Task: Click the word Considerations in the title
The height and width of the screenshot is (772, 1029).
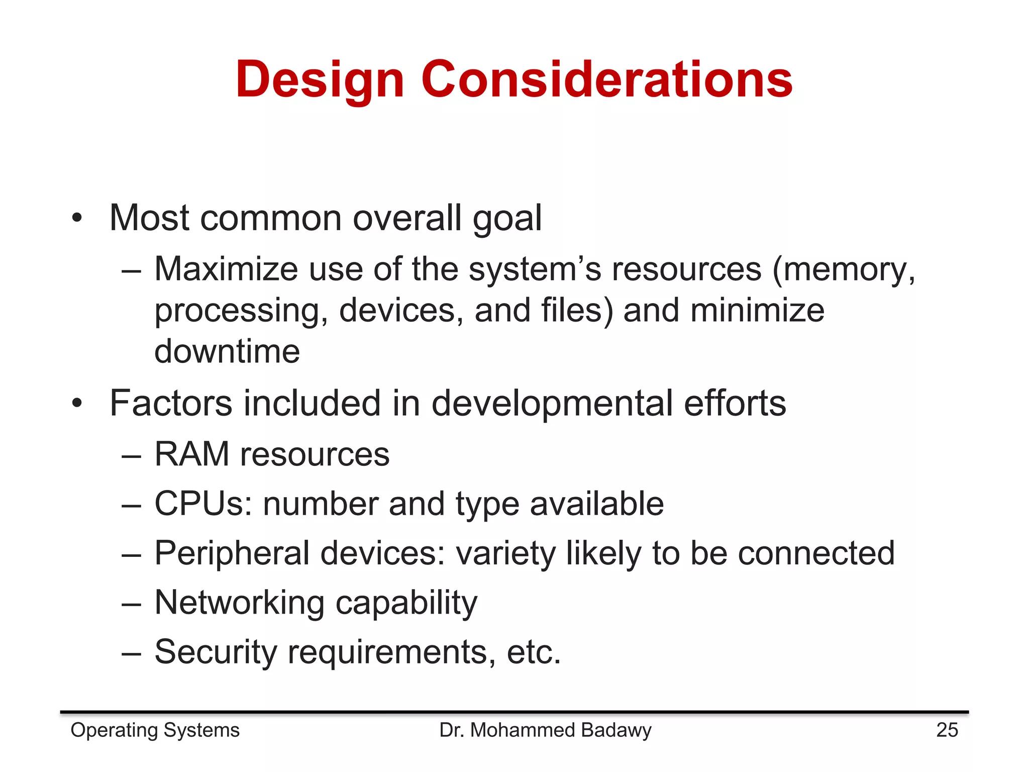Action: tap(606, 79)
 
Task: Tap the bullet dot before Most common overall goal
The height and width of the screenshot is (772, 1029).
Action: tap(76, 219)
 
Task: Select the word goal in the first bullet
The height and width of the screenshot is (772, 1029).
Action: tap(507, 219)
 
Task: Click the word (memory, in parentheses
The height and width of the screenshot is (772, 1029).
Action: tap(843, 270)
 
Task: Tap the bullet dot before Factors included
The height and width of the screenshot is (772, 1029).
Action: tap(76, 403)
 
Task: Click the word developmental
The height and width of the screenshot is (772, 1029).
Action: tap(552, 404)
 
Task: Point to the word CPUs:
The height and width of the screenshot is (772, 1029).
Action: tap(203, 504)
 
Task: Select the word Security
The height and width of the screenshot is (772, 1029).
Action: tap(216, 652)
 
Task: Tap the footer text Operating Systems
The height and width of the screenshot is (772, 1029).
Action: tap(155, 730)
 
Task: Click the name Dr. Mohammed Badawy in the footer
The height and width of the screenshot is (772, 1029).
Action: tap(545, 730)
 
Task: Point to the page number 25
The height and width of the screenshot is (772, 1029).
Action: tap(947, 730)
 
